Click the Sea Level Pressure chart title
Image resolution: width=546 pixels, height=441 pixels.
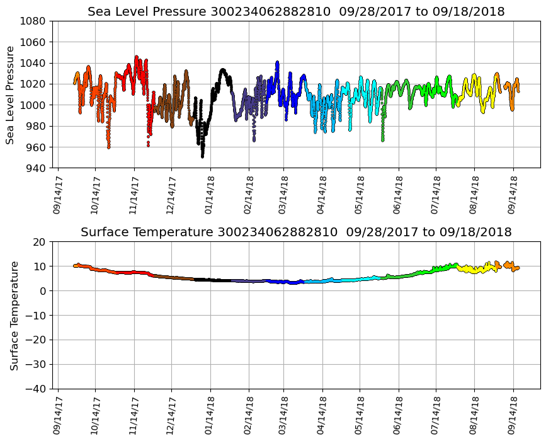(x=296, y=12)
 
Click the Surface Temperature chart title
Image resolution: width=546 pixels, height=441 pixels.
(x=296, y=232)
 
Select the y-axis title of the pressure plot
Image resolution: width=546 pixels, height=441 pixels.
(x=11, y=94)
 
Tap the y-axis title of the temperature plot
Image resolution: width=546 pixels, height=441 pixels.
(x=13, y=315)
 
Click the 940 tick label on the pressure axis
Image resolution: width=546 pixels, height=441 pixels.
(x=35, y=168)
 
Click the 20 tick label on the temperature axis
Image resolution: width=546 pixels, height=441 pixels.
(x=39, y=242)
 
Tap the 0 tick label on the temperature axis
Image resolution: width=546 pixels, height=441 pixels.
(x=42, y=291)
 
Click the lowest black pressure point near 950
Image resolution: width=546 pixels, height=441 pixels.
(x=202, y=156)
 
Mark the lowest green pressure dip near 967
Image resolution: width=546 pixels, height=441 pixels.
(x=382, y=139)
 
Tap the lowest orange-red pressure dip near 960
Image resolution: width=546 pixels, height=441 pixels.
(x=108, y=147)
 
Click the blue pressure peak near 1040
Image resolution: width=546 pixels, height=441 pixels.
(x=277, y=62)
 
